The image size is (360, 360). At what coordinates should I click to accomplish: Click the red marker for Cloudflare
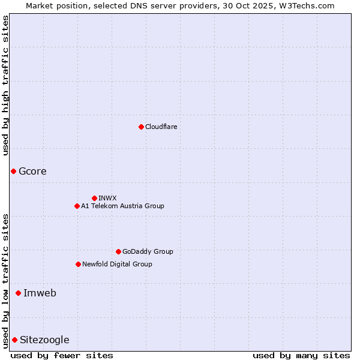tap(141, 127)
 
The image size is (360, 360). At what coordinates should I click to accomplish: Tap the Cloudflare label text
tap(161, 127)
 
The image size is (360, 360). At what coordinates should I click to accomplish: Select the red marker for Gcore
tap(13, 172)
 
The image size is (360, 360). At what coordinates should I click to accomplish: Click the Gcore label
tap(32, 172)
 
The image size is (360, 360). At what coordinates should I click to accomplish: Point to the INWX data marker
tap(94, 198)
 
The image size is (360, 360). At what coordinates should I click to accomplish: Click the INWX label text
tap(107, 198)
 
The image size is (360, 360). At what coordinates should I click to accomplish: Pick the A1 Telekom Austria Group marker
tap(77, 206)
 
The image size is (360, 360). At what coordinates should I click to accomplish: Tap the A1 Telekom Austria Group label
tap(122, 206)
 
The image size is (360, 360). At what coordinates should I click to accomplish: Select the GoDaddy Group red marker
tap(118, 251)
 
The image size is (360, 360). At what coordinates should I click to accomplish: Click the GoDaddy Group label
tap(148, 251)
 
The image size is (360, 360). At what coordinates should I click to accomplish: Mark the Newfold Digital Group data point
tap(78, 264)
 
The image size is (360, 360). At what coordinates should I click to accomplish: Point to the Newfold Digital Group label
tap(117, 264)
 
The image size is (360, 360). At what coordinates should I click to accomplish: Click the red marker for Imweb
tap(18, 293)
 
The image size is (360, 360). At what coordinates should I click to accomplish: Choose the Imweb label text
tap(40, 293)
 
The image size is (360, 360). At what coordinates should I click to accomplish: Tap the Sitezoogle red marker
tap(14, 340)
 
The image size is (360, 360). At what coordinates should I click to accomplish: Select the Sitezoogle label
tap(44, 340)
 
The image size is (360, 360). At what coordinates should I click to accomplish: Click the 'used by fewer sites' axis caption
tap(62, 355)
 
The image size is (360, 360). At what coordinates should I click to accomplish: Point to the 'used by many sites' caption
tap(301, 355)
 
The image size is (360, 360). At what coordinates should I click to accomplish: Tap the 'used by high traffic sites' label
tap(5, 85)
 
